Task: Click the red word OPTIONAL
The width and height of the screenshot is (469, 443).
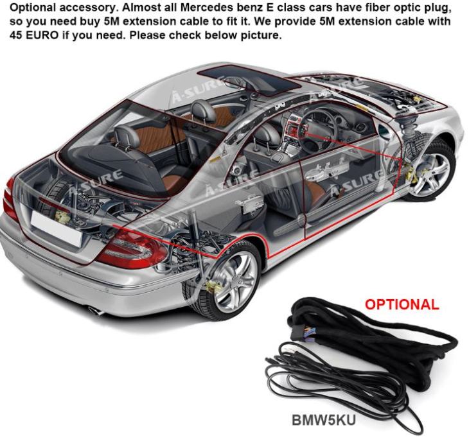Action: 402,304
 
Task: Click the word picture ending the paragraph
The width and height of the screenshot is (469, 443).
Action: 261,34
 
